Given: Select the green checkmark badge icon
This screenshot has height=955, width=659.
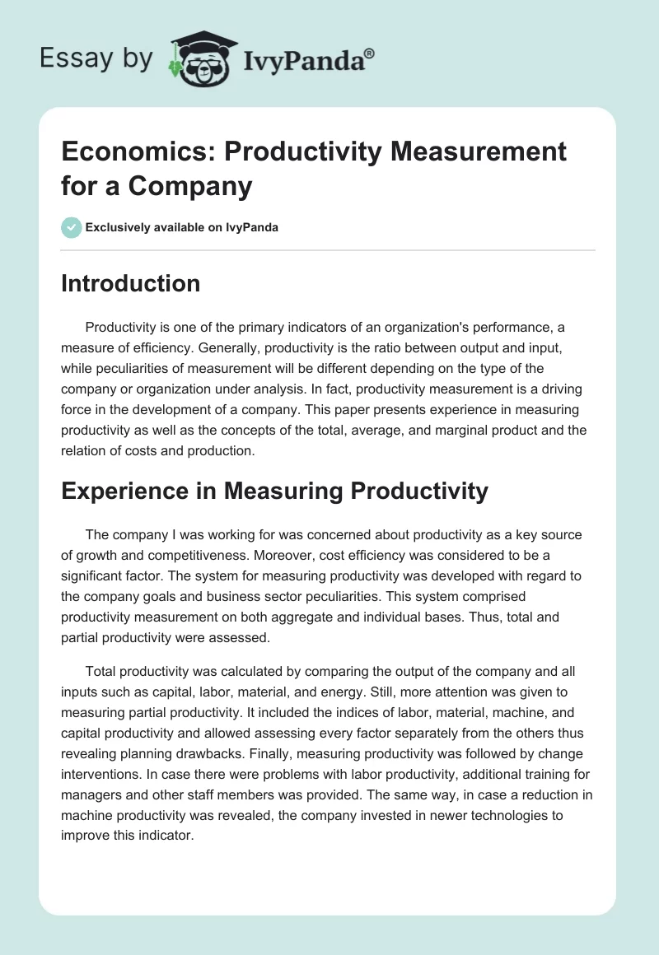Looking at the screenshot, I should [x=72, y=227].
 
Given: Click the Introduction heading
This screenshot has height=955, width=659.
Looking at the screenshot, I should [x=130, y=283].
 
